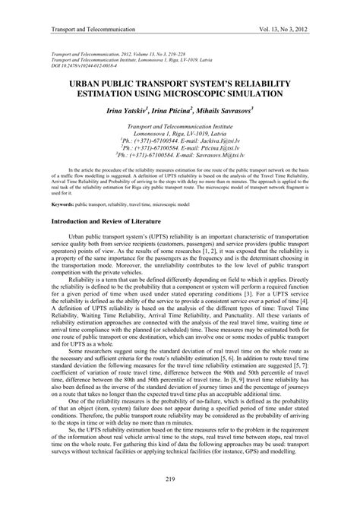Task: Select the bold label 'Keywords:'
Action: tap(62, 205)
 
